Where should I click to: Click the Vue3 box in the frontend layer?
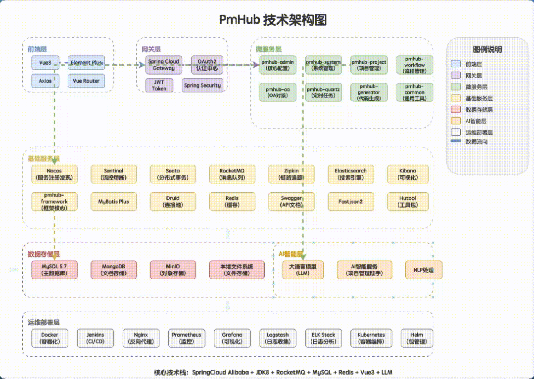45,63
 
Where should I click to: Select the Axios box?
45,81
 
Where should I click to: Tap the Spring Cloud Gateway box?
163,65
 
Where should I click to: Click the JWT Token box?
159,85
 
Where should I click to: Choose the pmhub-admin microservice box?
278,65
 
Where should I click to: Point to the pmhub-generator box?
369,92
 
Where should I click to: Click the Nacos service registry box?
54,174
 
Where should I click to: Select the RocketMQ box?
232,174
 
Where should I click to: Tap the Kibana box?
407,174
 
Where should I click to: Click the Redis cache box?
232,201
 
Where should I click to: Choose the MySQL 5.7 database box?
54,270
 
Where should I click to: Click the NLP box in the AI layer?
423,270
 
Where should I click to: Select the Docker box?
49,338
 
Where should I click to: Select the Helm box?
415,338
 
